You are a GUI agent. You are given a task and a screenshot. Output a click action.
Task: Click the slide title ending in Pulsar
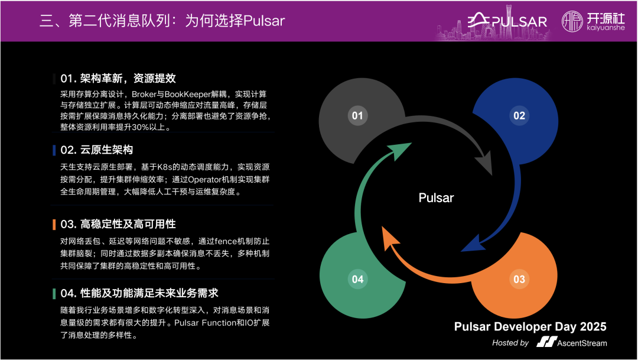[162, 22]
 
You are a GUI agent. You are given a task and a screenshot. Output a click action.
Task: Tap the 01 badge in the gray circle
[357, 115]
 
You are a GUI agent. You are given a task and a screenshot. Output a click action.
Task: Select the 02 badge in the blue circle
[519, 115]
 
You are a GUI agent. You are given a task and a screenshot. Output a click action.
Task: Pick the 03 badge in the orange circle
[519, 278]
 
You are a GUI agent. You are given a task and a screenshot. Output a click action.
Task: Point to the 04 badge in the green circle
[357, 278]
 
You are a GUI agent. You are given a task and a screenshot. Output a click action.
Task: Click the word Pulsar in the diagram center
[436, 197]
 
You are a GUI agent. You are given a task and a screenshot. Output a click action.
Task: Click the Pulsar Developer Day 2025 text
[530, 327]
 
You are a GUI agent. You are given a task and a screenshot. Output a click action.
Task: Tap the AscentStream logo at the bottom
[571, 342]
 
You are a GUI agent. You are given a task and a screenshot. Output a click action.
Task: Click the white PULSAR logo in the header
[508, 22]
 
